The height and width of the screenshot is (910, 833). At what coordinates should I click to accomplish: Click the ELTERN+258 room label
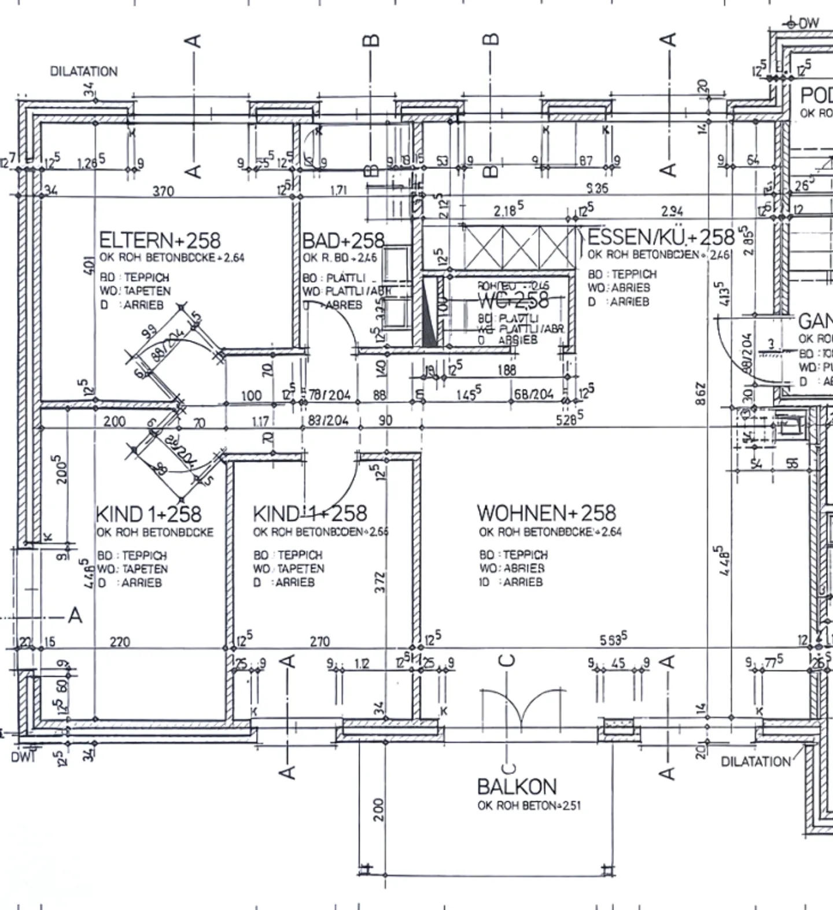pyautogui.click(x=160, y=240)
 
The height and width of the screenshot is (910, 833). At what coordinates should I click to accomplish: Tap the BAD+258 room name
pyautogui.click(x=343, y=240)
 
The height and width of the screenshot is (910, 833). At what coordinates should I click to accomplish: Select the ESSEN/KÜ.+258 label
pyautogui.click(x=661, y=236)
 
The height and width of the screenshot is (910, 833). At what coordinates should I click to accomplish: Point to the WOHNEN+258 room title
pyautogui.click(x=546, y=513)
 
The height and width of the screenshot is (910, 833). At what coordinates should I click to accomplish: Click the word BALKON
pyautogui.click(x=517, y=786)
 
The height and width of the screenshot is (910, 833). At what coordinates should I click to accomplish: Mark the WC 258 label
pyautogui.click(x=513, y=299)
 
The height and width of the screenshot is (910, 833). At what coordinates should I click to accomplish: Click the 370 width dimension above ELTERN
pyautogui.click(x=163, y=191)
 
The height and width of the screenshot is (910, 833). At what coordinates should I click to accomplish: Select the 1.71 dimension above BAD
pyautogui.click(x=338, y=190)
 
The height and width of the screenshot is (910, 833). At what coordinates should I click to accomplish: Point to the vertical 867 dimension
pyautogui.click(x=701, y=393)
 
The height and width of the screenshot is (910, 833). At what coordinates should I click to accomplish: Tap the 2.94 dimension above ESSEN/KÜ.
pyautogui.click(x=672, y=212)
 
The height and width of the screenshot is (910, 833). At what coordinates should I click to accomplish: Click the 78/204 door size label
pyautogui.click(x=329, y=395)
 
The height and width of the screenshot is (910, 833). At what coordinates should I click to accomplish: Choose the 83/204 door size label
pyautogui.click(x=328, y=420)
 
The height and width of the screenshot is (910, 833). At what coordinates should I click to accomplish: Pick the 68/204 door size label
pyautogui.click(x=533, y=395)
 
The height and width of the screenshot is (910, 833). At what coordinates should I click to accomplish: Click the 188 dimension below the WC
pyautogui.click(x=506, y=369)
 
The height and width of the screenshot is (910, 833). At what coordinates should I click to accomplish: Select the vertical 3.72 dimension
pyautogui.click(x=379, y=582)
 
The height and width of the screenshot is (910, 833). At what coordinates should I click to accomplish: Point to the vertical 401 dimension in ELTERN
pyautogui.click(x=88, y=266)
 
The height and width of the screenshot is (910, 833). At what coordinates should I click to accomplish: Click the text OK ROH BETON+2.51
pyautogui.click(x=529, y=805)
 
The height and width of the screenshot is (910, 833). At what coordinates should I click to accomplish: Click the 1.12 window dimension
pyautogui.click(x=362, y=664)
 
